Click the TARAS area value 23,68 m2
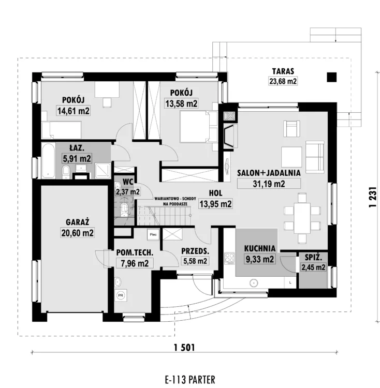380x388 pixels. tap(283, 81)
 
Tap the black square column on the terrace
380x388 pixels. tap(332, 77)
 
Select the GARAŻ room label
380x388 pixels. tap(78, 222)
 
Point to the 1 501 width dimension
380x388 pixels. tap(184, 348)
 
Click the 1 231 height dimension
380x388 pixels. tap(373, 197)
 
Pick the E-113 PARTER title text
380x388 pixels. tap(190, 380)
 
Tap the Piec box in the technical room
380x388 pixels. tap(153, 234)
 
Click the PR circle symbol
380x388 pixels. tap(121, 295)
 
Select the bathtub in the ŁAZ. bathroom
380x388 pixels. tap(48, 160)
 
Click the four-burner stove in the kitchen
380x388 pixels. tap(229, 258)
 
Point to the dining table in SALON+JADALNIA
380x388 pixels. tap(302, 218)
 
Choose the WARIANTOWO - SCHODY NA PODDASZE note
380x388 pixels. tap(176, 201)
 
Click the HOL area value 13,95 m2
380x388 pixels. tap(215, 204)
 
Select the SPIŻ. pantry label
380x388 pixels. tap(313, 258)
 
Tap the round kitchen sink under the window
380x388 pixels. tap(254, 283)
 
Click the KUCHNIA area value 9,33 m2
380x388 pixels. tap(260, 259)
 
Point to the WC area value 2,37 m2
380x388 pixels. tap(127, 192)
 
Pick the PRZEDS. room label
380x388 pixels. tap(195, 251)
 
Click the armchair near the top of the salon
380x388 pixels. tap(291, 128)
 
